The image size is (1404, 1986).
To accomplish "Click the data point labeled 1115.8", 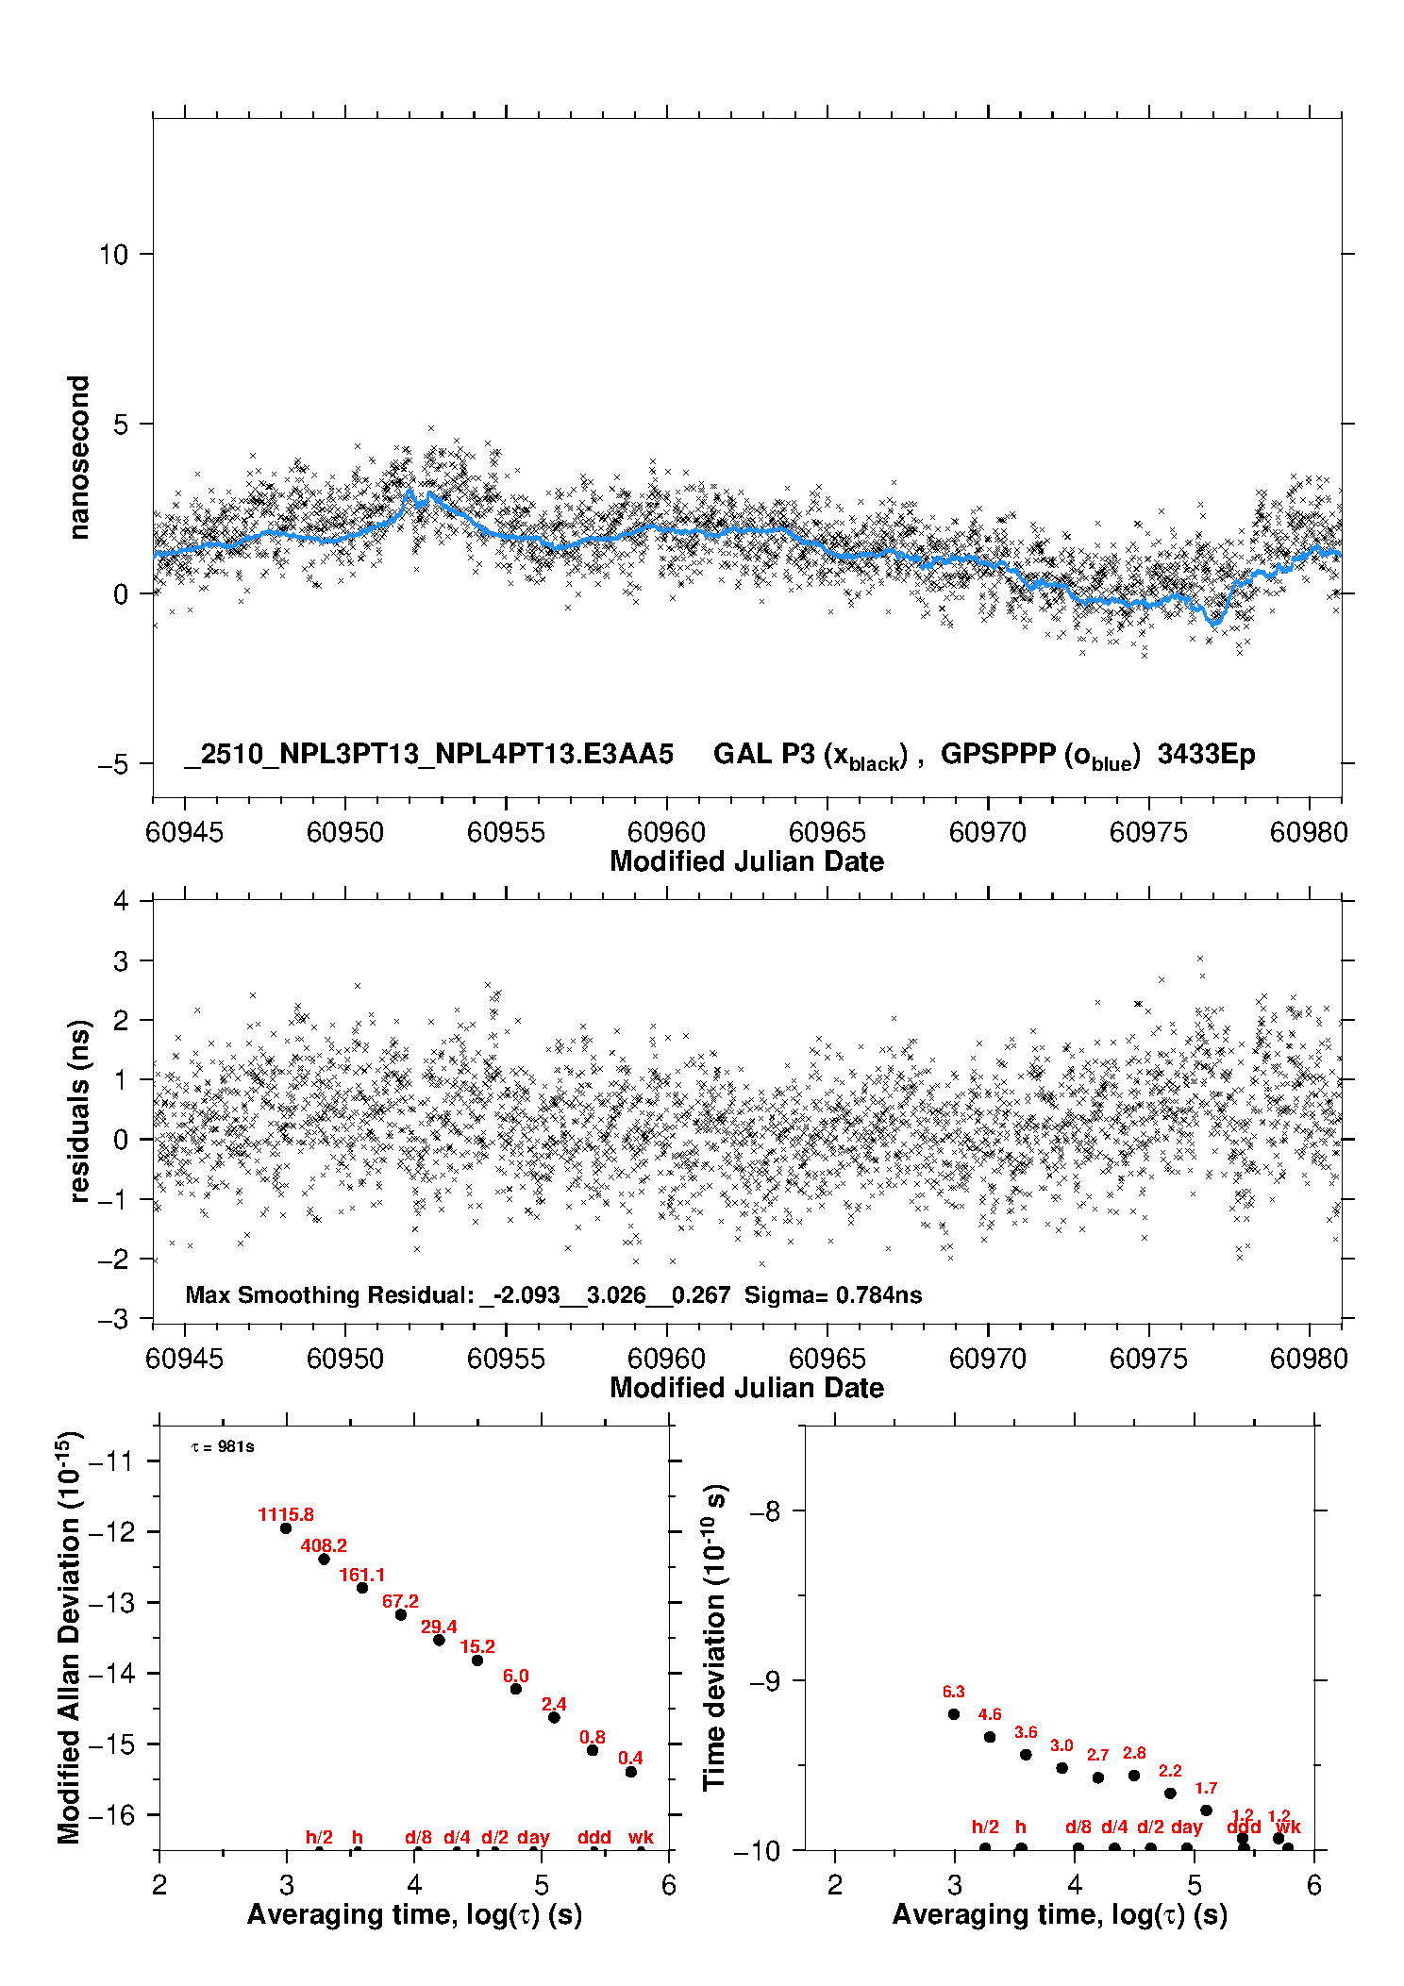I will [286, 1528].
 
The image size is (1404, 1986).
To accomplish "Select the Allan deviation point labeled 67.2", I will [401, 1615].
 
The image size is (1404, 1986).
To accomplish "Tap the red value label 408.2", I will [324, 1545].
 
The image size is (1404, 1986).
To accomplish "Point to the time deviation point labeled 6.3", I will [954, 1714].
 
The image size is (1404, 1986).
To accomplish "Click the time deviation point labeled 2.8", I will [1134, 1776].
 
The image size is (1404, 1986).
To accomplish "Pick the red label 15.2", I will [477, 1646].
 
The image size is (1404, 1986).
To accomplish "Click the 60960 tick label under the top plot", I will [666, 832].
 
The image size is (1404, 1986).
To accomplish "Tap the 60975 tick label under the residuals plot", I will [1148, 1359].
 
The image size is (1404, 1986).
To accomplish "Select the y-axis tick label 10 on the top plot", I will [113, 255].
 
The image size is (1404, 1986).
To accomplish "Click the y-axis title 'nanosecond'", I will [79, 458].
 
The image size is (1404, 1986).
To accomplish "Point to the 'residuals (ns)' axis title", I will [79, 1110].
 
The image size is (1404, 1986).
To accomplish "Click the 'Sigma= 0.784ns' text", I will [833, 1294].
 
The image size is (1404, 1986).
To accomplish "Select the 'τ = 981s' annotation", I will [223, 1447].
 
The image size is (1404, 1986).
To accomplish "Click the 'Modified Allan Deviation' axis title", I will [69, 1637].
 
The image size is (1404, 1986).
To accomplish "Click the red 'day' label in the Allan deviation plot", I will [533, 1837].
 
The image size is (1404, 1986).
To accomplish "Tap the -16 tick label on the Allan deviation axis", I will [111, 1814].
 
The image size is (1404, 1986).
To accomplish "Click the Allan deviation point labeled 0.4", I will [631, 1772].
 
